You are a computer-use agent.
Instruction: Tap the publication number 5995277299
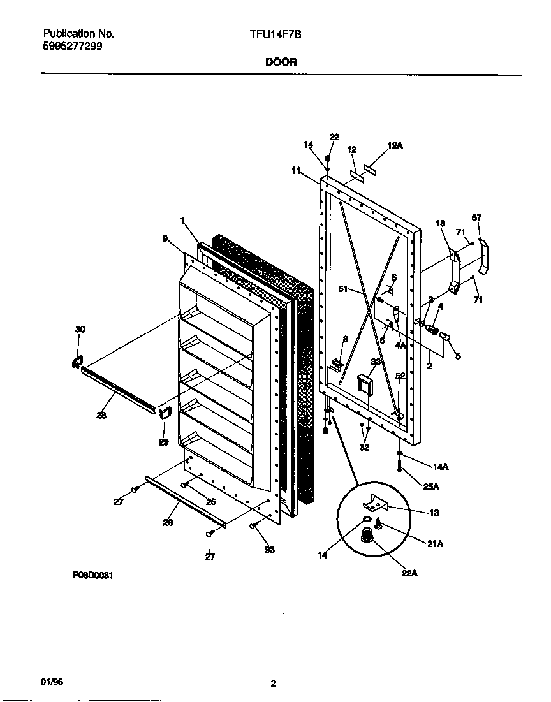click(x=72, y=46)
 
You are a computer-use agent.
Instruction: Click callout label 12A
click(x=395, y=146)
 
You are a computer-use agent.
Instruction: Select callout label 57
click(x=476, y=217)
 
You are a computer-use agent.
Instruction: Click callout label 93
click(x=269, y=550)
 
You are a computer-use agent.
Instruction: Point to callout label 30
click(x=80, y=329)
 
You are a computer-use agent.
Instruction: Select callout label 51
click(x=343, y=289)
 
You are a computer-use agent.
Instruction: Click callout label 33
click(x=376, y=362)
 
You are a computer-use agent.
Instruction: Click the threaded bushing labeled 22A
click(x=368, y=535)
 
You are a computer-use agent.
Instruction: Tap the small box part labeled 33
click(x=364, y=384)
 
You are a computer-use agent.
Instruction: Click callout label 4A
click(x=400, y=345)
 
